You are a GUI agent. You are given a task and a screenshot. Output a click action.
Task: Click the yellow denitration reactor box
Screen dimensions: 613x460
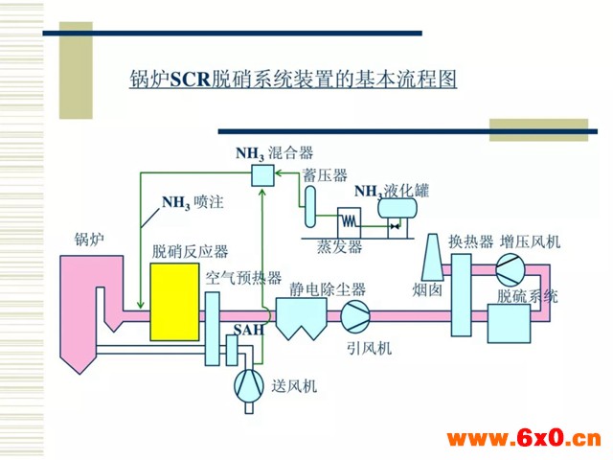(174, 302)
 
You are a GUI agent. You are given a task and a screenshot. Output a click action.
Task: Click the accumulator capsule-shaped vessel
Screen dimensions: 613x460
(310, 207)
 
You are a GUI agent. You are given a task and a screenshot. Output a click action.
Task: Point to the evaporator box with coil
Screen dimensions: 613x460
(349, 222)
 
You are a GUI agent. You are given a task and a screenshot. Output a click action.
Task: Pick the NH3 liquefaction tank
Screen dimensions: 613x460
(397, 208)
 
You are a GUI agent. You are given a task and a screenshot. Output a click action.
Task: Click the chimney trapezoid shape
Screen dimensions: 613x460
(433, 257)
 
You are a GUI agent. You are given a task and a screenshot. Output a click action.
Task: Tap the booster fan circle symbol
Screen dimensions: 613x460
(511, 269)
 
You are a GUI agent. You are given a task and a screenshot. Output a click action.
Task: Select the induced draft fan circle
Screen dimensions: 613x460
(355, 315)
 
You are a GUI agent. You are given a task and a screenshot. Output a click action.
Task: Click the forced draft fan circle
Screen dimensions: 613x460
(249, 385)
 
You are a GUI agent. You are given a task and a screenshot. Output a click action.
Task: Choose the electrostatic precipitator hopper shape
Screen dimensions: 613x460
(302, 318)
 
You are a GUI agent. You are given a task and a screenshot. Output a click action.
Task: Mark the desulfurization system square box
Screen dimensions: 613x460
(509, 324)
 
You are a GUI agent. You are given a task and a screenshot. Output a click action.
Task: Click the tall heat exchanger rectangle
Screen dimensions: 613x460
(462, 295)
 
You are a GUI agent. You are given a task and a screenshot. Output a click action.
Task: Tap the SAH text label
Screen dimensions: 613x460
(249, 330)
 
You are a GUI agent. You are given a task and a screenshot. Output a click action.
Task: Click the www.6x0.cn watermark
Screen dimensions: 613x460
(524, 438)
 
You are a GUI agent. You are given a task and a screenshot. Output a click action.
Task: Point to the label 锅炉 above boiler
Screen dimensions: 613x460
(89, 239)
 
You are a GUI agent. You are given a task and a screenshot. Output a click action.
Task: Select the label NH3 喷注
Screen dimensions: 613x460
(193, 203)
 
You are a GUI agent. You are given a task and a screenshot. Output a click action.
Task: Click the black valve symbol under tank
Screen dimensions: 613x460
(395, 226)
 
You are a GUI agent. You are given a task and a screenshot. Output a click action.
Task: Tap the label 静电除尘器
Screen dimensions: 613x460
(328, 289)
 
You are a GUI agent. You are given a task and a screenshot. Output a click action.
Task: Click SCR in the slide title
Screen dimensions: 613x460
(191, 80)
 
